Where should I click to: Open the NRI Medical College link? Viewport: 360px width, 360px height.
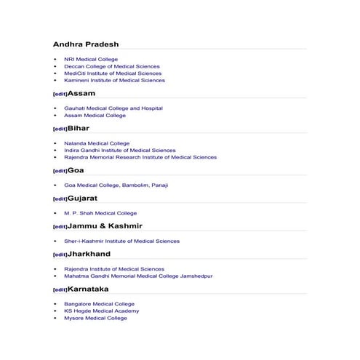90,60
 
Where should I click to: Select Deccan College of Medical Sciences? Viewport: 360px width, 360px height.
111,67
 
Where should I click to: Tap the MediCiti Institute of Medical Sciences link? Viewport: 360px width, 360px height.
113,73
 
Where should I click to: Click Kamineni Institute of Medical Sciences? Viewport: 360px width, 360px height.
114,81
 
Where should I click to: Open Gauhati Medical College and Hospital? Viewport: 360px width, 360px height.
113,108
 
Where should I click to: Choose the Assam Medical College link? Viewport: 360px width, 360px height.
95,116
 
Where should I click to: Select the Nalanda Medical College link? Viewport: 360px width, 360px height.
97,144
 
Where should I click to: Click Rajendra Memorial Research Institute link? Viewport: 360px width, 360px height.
140,157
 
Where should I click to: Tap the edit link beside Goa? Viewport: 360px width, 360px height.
60,172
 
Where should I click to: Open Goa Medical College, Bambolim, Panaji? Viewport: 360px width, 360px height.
116,185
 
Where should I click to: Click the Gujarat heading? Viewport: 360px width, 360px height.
82,199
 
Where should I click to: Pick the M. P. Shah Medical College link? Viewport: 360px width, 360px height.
100,213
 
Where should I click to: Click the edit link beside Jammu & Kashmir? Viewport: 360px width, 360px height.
60,227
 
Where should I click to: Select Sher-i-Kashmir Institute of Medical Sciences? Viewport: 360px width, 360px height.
121,241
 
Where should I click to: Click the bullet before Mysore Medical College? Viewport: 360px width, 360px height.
56,318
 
